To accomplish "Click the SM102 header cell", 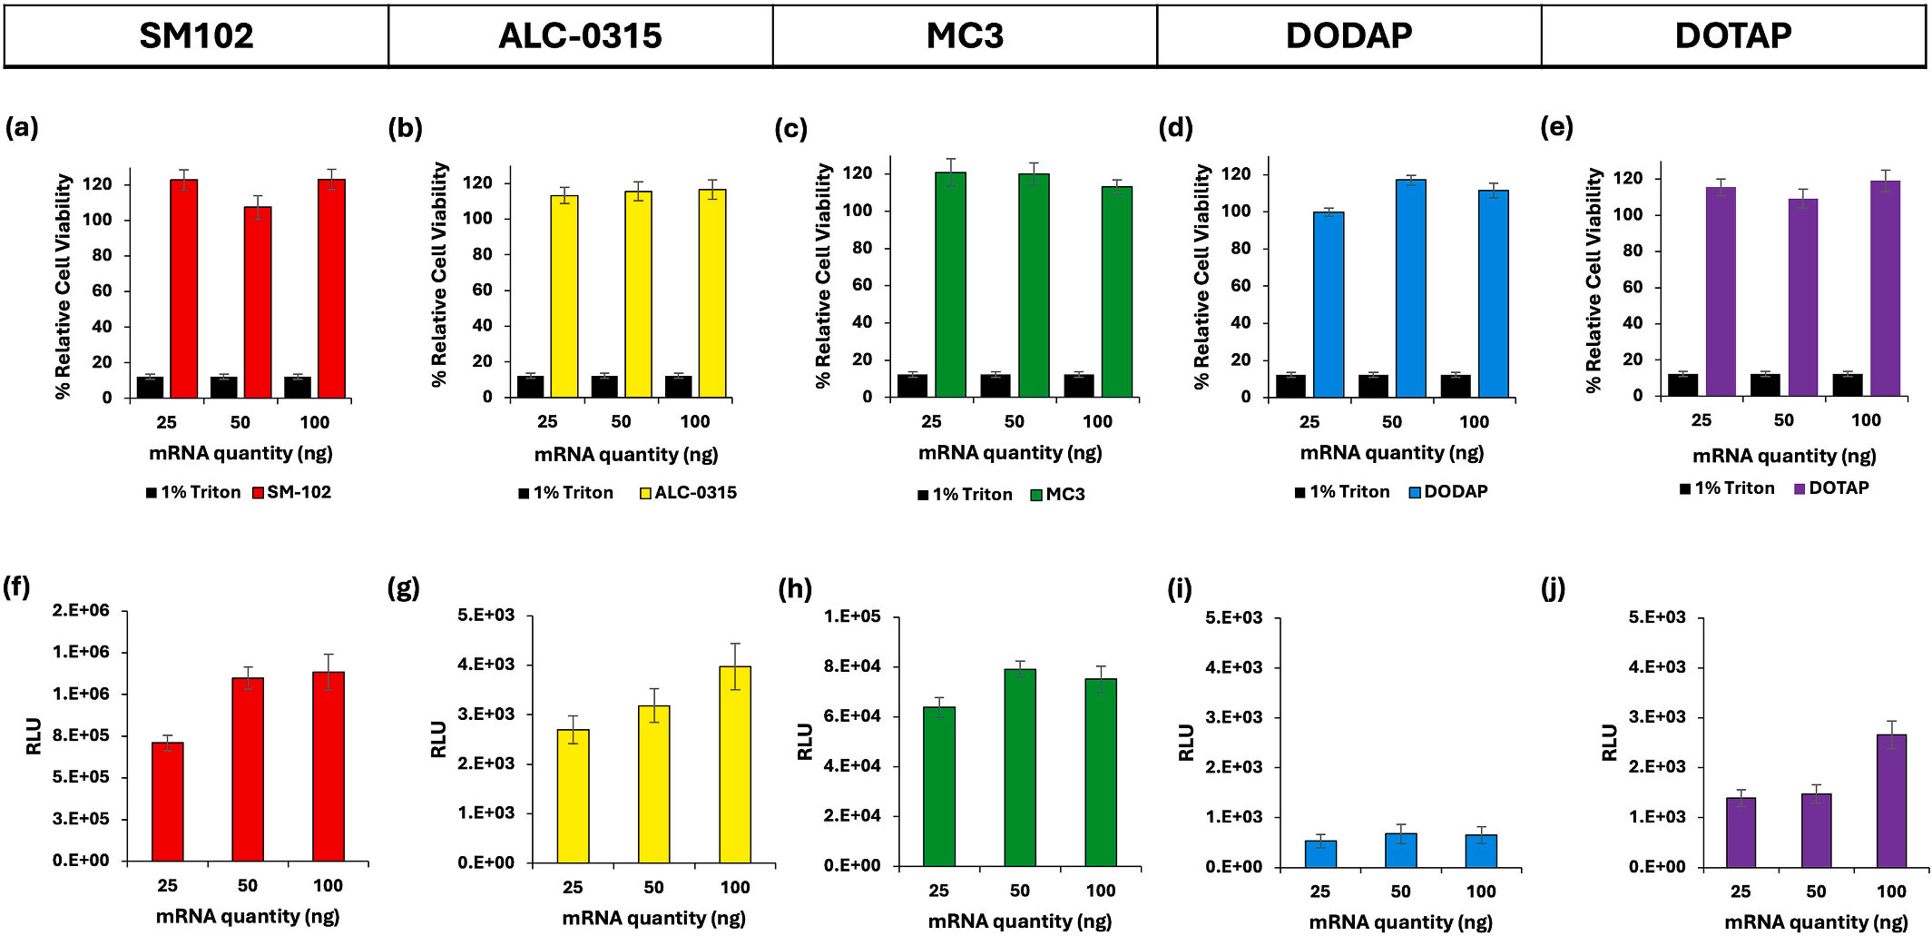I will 196,36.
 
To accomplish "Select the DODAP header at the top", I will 1348,36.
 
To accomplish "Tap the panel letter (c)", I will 790,129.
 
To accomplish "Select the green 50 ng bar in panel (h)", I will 1020,768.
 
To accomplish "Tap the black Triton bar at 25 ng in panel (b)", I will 531,387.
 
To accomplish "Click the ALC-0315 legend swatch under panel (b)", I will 645,494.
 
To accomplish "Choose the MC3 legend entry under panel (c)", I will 1058,495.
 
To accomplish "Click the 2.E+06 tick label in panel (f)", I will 81,610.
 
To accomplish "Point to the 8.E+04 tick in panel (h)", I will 851,666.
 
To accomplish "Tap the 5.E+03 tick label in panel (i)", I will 1233,618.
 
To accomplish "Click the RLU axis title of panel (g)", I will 438,739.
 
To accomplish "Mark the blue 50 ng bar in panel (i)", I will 1401,850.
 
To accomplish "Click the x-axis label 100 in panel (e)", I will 1866,420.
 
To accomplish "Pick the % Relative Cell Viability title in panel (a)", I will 63,286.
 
